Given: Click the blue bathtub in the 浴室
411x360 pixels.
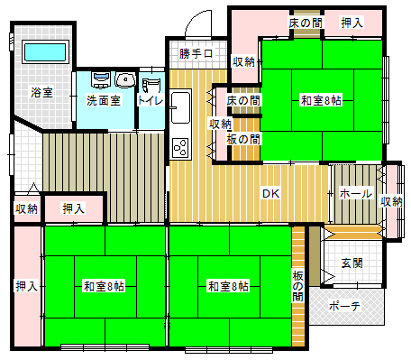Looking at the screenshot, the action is (x=45, y=52).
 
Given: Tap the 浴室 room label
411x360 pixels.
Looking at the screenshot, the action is (x=42, y=92).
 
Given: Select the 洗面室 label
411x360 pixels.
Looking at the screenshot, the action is (x=104, y=100).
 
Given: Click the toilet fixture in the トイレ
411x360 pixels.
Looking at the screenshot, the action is (x=151, y=85).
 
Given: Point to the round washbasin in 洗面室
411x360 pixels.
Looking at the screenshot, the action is (x=125, y=80).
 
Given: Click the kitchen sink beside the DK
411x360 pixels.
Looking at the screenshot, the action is (x=180, y=107).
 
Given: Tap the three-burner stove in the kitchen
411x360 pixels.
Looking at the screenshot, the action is (x=180, y=148).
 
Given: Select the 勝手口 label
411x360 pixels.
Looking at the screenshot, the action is (x=196, y=54).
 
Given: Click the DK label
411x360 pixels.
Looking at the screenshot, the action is (x=271, y=193).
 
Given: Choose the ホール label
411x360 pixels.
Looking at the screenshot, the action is (x=356, y=193).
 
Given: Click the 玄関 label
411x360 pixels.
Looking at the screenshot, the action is (x=352, y=263).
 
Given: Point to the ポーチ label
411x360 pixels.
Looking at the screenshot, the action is (x=344, y=306).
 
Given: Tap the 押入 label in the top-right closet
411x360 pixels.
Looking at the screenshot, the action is (x=352, y=23).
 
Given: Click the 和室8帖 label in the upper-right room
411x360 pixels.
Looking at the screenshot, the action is (x=321, y=100).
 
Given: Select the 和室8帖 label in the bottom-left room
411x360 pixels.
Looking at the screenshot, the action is (x=104, y=286).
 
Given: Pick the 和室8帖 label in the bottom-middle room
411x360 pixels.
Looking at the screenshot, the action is (x=228, y=286).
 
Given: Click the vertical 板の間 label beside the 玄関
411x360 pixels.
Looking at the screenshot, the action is (x=298, y=286).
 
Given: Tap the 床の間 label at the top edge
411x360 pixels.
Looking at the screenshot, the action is (x=306, y=23).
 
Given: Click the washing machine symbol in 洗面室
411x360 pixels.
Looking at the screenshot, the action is (x=101, y=80).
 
